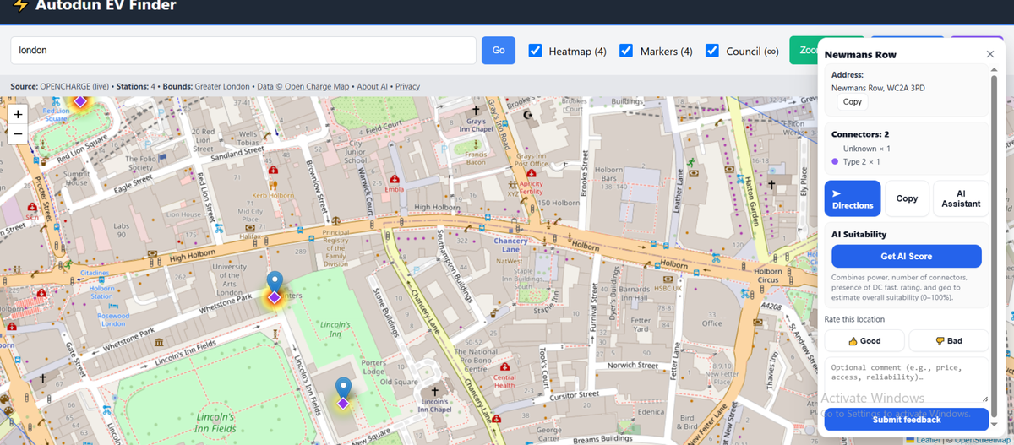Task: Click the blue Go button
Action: [499, 51]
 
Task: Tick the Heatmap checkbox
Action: [535, 51]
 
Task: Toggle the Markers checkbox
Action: [626, 51]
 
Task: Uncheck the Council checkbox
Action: [712, 51]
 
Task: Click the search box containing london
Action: [243, 51]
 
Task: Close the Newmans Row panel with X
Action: [990, 54]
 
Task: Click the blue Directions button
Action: [853, 199]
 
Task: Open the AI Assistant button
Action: [961, 199]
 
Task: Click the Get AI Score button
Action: [906, 257]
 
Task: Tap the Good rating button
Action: [864, 341]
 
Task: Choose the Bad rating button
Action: [948, 341]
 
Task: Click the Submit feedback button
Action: [906, 420]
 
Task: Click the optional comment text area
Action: [906, 378]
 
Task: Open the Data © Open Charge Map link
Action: [303, 86]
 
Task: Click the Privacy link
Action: [407, 86]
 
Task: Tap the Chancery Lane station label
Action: [510, 245]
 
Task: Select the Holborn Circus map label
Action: [768, 274]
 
